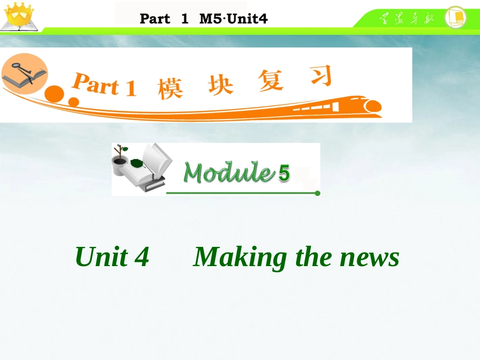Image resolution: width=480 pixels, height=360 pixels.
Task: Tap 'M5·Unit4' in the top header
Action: (x=233, y=19)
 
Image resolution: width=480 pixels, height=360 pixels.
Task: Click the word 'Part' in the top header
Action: (x=155, y=19)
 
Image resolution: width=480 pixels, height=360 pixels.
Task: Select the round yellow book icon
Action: (x=455, y=18)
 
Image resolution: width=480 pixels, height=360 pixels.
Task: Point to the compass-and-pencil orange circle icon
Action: (x=24, y=74)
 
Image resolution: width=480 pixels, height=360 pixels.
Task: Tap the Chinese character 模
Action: (x=170, y=87)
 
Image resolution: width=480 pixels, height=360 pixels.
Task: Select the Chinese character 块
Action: (x=221, y=84)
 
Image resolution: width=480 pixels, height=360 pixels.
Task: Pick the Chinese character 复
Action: (x=271, y=80)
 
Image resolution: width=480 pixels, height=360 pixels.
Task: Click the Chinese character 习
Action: (x=321, y=76)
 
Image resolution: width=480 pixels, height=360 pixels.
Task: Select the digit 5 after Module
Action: (x=284, y=174)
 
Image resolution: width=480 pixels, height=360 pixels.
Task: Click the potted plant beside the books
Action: (x=120, y=160)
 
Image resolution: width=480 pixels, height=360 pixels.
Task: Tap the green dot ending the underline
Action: (x=317, y=193)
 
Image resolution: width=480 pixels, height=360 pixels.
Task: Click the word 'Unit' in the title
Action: (x=101, y=256)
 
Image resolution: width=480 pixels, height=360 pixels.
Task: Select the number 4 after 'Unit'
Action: (x=142, y=256)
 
